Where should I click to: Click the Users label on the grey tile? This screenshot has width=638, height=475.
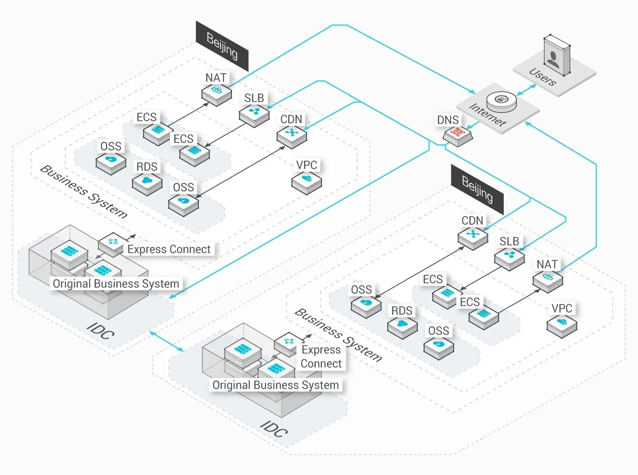click(x=543, y=77)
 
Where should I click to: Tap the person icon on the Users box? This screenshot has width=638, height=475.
click(x=553, y=59)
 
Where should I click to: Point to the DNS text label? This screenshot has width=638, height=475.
click(x=448, y=120)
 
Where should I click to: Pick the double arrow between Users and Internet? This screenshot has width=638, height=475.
click(x=527, y=90)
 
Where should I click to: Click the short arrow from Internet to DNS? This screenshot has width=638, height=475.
click(x=472, y=125)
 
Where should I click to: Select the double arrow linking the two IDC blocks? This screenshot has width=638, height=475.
click(x=166, y=341)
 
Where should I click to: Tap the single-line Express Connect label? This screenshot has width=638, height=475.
click(x=169, y=249)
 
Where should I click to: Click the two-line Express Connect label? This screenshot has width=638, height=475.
click(x=321, y=357)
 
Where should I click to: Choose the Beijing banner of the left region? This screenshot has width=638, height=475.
click(x=222, y=46)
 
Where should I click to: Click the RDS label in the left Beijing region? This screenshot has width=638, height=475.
click(x=147, y=167)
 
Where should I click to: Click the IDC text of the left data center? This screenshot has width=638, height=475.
click(x=100, y=331)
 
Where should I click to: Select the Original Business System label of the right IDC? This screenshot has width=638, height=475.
click(x=276, y=385)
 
